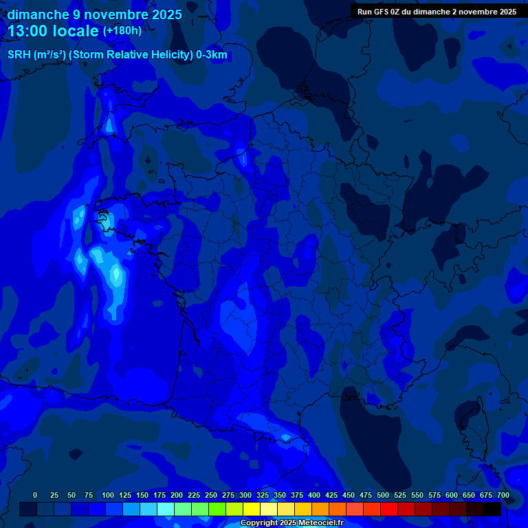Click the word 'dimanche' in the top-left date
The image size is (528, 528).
click(37, 14)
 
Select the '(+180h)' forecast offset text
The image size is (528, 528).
click(122, 30)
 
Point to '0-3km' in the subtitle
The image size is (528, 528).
click(212, 55)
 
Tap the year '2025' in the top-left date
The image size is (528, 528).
click(166, 14)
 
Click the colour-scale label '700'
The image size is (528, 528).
click(503, 495)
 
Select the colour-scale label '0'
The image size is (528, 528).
click(35, 495)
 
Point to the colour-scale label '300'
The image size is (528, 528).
click(245, 495)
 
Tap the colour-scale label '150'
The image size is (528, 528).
click(142, 495)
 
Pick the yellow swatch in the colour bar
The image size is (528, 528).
click(252, 509)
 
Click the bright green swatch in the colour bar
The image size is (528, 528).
click(217, 509)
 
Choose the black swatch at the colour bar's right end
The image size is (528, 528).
click(492, 509)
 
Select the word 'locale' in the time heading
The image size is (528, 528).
click(77, 30)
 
